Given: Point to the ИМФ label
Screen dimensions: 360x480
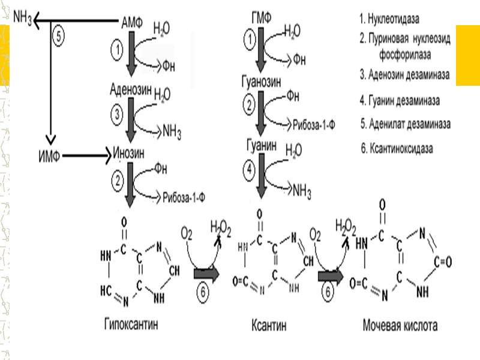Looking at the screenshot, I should pyautogui.click(x=46, y=157).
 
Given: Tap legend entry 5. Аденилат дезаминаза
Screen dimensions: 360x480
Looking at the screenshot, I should pyautogui.click(x=406, y=124).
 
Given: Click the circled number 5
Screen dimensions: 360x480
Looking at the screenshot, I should pyautogui.click(x=58, y=36).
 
